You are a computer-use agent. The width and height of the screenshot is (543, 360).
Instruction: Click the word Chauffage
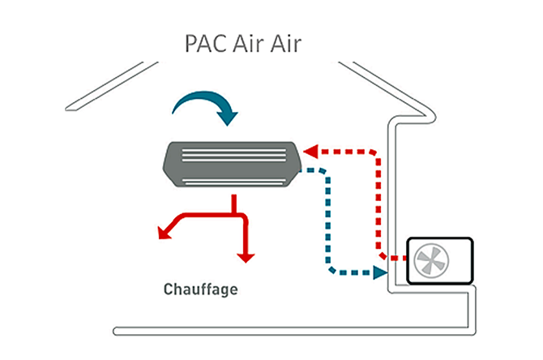point(201,289)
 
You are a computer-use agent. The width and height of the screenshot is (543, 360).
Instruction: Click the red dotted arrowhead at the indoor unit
point(311,151)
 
